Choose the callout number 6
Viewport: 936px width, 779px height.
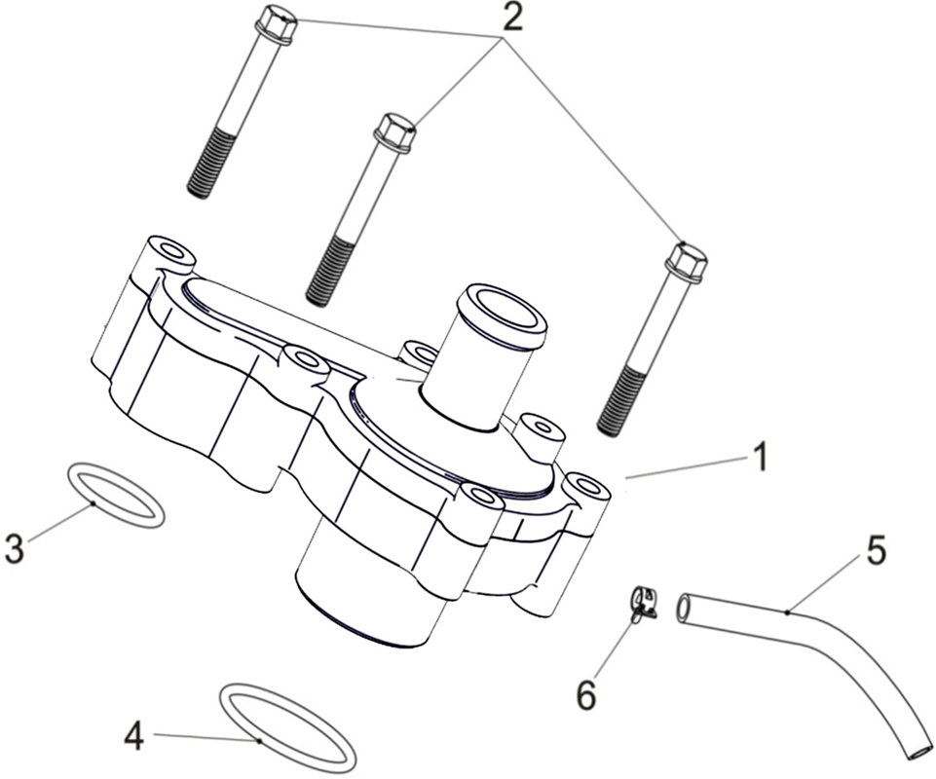(586, 694)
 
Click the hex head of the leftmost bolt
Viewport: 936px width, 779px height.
(276, 24)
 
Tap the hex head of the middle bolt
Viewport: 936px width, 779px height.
(394, 130)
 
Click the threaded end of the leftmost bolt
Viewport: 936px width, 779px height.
(209, 166)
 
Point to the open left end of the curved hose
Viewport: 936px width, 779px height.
(684, 608)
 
